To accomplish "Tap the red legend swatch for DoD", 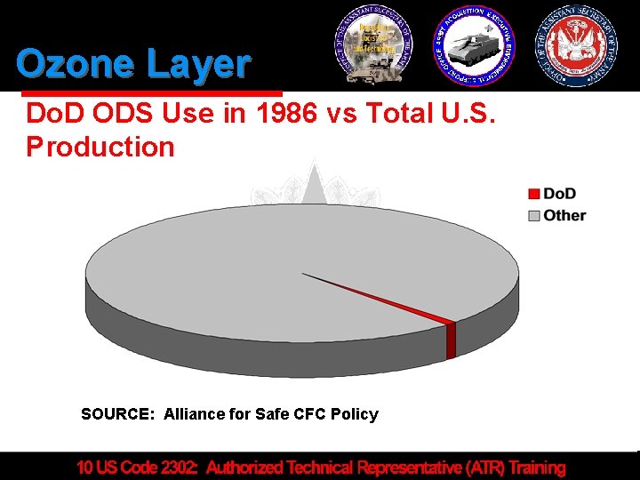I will coord(533,194).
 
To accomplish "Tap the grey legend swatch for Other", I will coord(533,215).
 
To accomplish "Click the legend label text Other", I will coord(564,215).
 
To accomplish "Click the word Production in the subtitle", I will coord(100,147).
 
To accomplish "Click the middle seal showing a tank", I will coord(474,44).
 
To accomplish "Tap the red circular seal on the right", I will coord(577,44).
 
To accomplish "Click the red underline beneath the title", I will coord(151,92).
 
